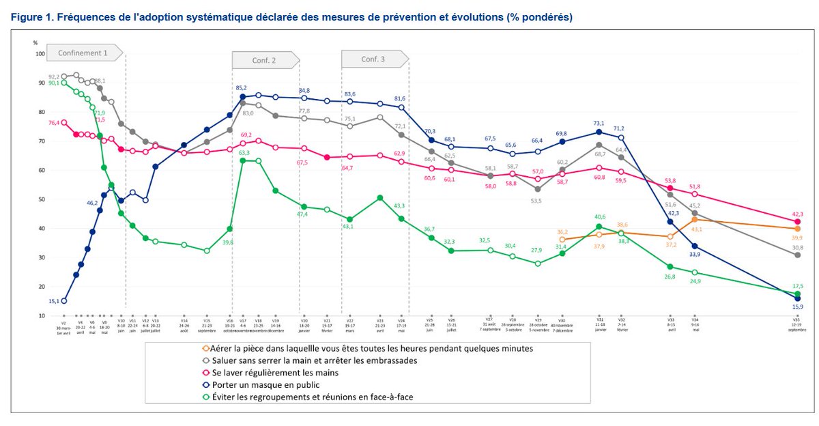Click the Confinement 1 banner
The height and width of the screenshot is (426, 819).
(x=83, y=53)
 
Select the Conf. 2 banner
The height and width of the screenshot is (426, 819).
(x=263, y=60)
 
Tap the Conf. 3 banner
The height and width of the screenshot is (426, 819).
(x=373, y=59)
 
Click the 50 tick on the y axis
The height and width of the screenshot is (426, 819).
(x=41, y=199)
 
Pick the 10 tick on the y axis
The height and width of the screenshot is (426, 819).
(x=41, y=316)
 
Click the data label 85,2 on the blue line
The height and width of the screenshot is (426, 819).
(x=241, y=87)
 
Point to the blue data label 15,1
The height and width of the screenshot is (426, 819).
(x=55, y=300)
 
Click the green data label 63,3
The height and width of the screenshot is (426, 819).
(x=243, y=152)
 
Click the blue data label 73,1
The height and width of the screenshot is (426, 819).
(x=599, y=124)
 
